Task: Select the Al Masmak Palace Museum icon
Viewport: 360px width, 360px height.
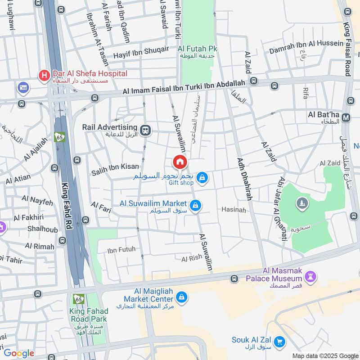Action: (x=310, y=275)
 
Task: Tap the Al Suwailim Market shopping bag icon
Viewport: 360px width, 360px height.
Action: (x=195, y=206)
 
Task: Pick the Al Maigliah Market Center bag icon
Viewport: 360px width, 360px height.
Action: (x=182, y=297)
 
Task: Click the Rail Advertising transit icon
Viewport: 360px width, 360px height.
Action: (x=145, y=130)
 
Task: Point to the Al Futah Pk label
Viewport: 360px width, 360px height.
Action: (x=198, y=49)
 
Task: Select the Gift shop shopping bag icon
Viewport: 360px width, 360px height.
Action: (x=202, y=179)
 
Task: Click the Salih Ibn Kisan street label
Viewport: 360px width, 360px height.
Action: (x=115, y=166)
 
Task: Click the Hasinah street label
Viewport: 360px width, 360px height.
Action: (x=234, y=210)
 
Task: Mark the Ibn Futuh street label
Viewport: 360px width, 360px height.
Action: (x=121, y=249)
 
